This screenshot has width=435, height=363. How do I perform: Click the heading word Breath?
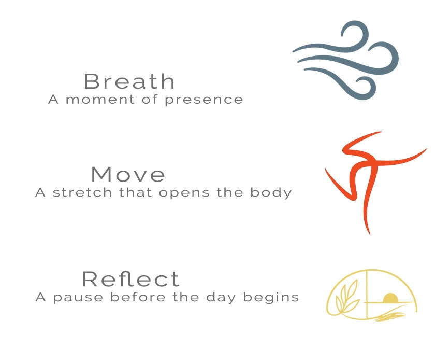(x=129, y=81)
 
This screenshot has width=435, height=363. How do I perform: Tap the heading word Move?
(x=128, y=174)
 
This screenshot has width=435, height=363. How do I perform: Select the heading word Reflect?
(x=131, y=279)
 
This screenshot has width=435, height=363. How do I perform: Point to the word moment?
(x=100, y=100)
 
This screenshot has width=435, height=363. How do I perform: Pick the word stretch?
(x=82, y=192)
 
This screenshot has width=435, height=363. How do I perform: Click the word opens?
(x=184, y=193)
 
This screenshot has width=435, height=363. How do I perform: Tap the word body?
(x=271, y=193)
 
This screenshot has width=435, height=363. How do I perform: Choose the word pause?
(x=78, y=298)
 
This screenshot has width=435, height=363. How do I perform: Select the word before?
(x=138, y=297)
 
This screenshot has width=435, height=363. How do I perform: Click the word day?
(x=221, y=298)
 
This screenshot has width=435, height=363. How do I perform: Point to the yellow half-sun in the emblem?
(x=390, y=298)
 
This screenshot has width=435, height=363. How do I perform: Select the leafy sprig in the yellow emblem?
(x=346, y=300)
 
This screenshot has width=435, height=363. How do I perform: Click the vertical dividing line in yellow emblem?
(x=367, y=295)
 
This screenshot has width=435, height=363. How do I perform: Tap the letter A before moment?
(x=53, y=100)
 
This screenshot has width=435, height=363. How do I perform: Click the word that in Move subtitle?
(x=135, y=192)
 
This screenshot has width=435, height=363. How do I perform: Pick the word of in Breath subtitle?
(x=150, y=99)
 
